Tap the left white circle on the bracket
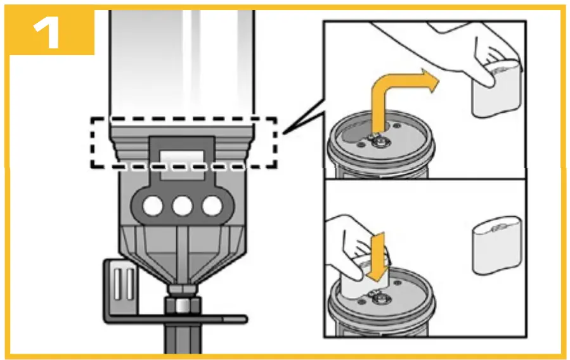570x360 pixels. tap(153, 205)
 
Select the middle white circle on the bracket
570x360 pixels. tap(183, 205)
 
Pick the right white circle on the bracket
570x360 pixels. tap(212, 205)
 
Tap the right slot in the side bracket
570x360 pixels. tap(130, 280)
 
